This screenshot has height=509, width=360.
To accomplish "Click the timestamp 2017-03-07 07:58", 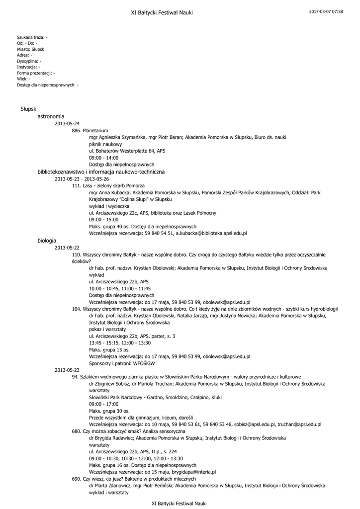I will coord(326,11).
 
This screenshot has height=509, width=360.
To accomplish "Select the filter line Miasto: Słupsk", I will coord(30,49).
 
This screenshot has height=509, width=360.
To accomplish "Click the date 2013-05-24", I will coord(67,123).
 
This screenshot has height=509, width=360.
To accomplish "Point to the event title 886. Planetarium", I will coord(90,130).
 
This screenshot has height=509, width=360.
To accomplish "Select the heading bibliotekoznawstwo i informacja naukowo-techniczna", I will coord(101,171).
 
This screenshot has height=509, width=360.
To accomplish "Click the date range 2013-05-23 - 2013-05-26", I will coord(82,178).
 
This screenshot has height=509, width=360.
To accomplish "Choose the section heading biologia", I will coord(47,240).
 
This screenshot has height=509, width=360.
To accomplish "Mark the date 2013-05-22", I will coord(67,247).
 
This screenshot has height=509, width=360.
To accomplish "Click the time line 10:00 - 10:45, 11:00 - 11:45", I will coord(120,288).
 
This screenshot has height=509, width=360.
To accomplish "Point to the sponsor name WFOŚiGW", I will coord(137,363).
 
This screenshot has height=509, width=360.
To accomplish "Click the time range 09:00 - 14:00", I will coord(104,158).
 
